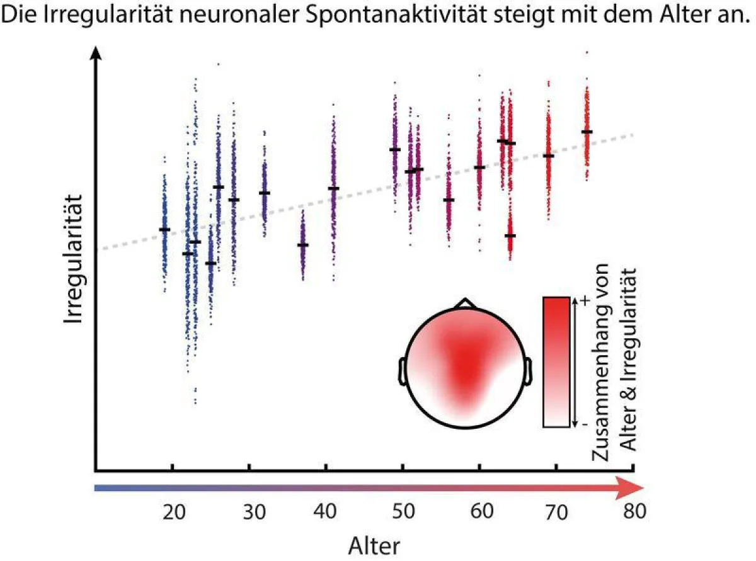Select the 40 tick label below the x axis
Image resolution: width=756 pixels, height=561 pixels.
point(325,512)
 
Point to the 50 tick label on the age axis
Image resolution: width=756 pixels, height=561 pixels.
point(402,512)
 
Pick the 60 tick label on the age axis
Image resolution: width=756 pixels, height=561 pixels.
point(479,512)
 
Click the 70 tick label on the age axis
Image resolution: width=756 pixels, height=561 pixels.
point(556,512)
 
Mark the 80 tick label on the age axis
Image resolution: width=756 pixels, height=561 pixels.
point(632,512)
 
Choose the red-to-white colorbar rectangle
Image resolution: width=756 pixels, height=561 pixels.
point(556,362)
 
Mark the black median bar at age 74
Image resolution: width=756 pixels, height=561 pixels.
point(587,132)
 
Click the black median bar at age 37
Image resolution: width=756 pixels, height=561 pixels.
point(302,245)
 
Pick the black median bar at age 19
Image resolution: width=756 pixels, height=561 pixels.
point(164,229)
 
